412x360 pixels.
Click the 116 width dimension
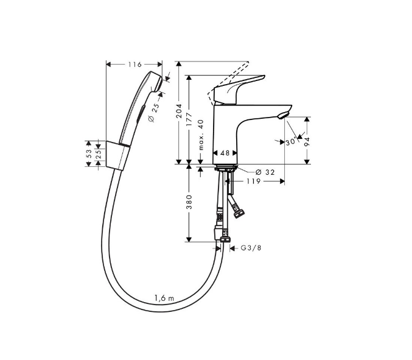click(134, 65)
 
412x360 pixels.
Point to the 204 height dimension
click(179, 110)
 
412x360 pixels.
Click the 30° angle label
click(290, 141)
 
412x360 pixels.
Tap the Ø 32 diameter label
click(265, 172)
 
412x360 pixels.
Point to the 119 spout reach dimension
click(254, 181)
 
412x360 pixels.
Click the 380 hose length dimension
click(190, 203)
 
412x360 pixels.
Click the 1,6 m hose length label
click(164, 298)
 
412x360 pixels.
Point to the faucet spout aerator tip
click(281, 115)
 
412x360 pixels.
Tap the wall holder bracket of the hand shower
click(116, 153)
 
